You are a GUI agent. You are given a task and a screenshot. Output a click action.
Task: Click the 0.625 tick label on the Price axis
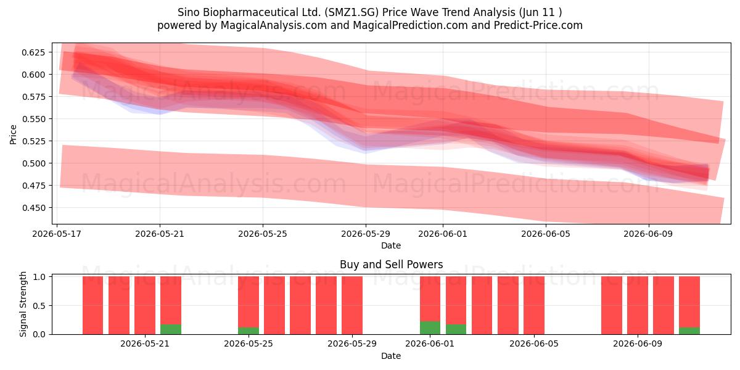[x=33, y=52]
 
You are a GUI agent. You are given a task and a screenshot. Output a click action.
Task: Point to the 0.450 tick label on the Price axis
[x=33, y=208]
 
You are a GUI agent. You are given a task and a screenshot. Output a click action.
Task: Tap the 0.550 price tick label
[x=33, y=119]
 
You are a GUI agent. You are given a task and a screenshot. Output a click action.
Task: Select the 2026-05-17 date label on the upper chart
[x=57, y=234]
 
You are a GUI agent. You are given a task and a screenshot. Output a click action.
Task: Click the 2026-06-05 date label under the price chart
[x=546, y=234]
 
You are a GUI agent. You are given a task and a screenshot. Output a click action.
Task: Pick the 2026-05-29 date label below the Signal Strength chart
[x=352, y=343]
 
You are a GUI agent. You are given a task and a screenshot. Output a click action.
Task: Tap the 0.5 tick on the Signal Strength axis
[x=39, y=306]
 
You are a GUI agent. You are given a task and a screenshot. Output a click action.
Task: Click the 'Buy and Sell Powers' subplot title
[x=391, y=265]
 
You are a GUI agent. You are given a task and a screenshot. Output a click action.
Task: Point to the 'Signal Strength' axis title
[x=23, y=304]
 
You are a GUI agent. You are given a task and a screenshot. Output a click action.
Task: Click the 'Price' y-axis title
[x=13, y=134]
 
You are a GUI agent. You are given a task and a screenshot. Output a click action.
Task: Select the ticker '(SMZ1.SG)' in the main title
[x=351, y=12]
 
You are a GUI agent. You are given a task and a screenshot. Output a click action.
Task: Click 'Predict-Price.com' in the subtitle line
[x=538, y=25]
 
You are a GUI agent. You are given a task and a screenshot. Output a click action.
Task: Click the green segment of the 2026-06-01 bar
[x=430, y=327]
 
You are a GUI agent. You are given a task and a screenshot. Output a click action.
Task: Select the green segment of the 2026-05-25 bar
[x=249, y=331]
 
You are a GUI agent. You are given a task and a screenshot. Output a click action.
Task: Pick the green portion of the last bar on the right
[x=689, y=331]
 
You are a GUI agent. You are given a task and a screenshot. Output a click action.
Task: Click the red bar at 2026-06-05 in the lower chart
[x=534, y=305]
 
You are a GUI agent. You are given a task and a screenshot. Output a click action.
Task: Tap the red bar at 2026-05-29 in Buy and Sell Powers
[x=352, y=305]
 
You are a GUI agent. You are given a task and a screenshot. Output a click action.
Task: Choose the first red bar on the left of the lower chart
[x=93, y=305]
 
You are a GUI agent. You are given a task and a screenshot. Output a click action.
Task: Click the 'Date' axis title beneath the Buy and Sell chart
[x=391, y=356]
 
